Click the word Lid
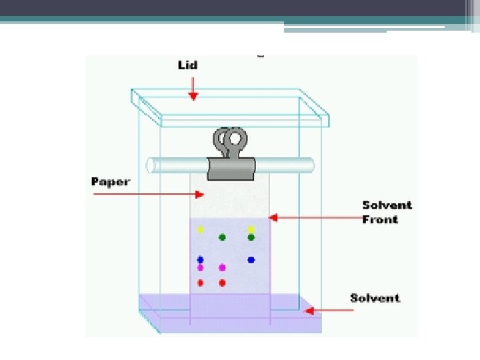pos(187,65)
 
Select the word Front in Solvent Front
pos(380,219)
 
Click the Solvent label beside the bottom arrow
pos(375,298)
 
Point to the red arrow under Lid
pos(193,89)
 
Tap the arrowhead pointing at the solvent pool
pos(307,310)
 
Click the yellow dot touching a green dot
pos(251,229)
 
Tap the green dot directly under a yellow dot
pos(251,237)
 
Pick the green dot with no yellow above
pos(222,237)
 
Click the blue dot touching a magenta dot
pos(200,259)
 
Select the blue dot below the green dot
pos(251,259)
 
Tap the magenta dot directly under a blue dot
pos(200,267)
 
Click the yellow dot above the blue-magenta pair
pos(200,229)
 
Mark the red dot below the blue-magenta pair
pos(200,283)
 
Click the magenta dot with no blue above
pos(222,267)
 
